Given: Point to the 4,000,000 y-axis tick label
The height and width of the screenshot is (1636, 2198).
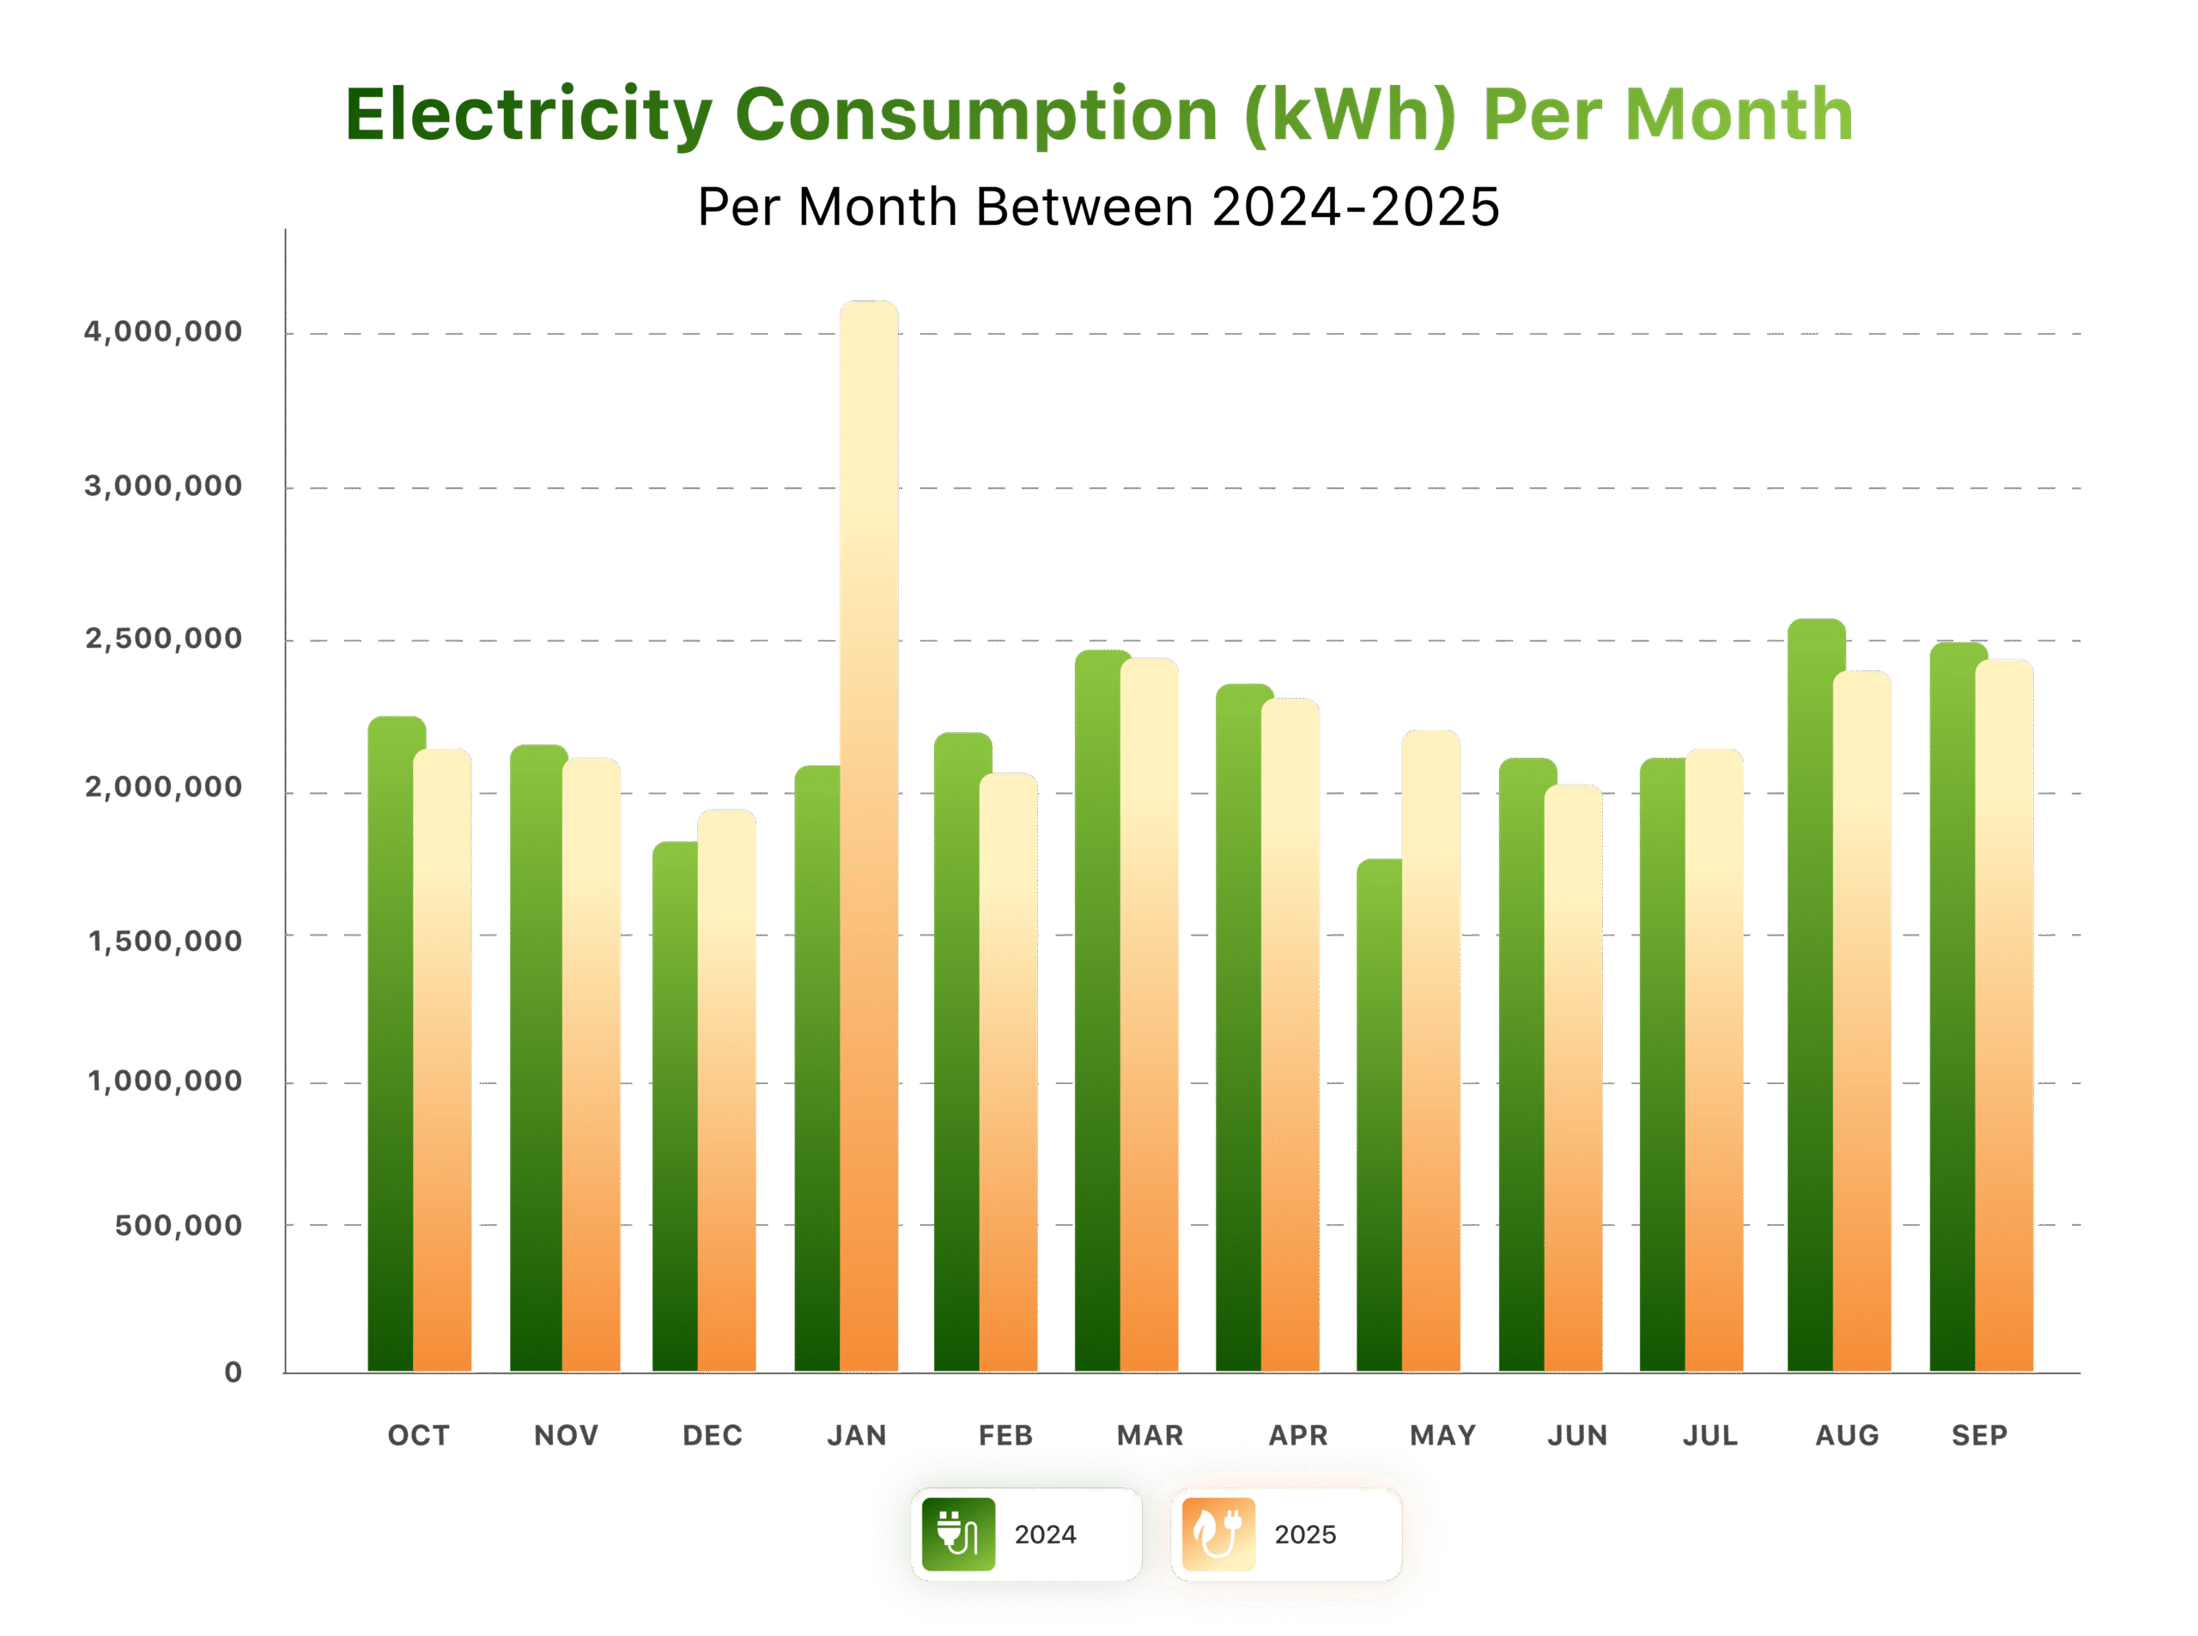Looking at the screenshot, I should pyautogui.click(x=163, y=332).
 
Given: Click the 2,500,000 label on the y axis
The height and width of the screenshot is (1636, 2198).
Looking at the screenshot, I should pyautogui.click(x=163, y=639).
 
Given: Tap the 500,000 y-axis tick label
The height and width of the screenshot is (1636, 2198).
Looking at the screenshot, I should pyautogui.click(x=179, y=1225).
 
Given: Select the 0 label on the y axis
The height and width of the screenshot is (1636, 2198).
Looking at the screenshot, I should pyautogui.click(x=233, y=1372).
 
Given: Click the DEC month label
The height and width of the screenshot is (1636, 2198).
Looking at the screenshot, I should pyautogui.click(x=712, y=1435).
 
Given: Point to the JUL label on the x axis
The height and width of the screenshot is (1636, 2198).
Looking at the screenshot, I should pyautogui.click(x=1709, y=1435).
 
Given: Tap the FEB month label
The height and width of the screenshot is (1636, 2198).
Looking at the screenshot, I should pyautogui.click(x=1005, y=1435).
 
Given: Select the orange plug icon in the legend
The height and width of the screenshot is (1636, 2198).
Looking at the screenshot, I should pyautogui.click(x=1218, y=1534).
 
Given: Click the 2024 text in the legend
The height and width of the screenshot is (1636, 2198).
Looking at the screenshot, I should pyautogui.click(x=1045, y=1534).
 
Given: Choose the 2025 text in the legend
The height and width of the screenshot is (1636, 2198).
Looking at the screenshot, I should pyautogui.click(x=1304, y=1534).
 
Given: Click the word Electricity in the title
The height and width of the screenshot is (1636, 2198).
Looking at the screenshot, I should pyautogui.click(x=528, y=115).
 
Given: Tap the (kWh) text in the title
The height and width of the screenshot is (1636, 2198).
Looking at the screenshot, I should pyautogui.click(x=1350, y=115).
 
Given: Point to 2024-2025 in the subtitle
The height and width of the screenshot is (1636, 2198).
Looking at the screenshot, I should pyautogui.click(x=1355, y=207).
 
